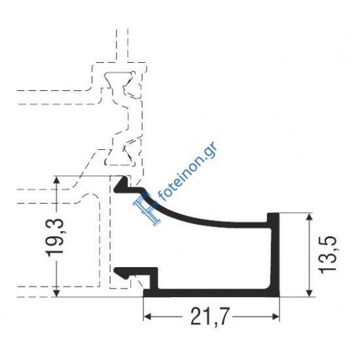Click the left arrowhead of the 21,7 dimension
[148, 318]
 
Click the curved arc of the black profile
[196, 216]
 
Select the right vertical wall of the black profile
[276, 255]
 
